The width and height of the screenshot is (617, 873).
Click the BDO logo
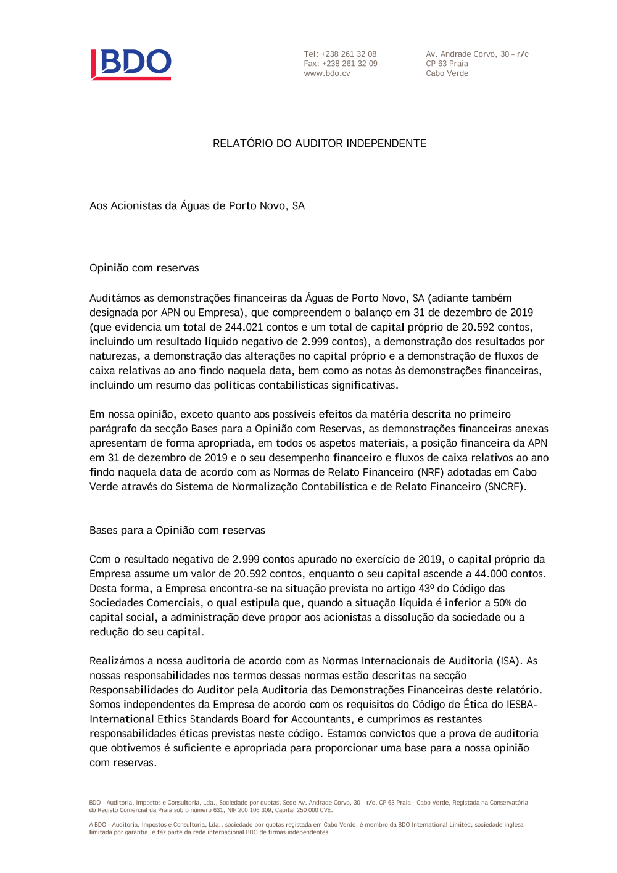(131, 64)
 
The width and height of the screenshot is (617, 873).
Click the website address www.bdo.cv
(326, 73)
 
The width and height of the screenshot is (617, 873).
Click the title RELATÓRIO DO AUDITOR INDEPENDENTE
(320, 144)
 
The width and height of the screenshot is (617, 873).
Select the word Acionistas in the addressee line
(136, 206)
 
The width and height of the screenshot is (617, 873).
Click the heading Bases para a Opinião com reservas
(177, 531)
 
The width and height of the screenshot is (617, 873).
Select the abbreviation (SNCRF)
(505, 487)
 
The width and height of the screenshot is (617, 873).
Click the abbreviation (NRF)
(431, 473)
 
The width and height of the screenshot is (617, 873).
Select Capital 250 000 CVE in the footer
(304, 810)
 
